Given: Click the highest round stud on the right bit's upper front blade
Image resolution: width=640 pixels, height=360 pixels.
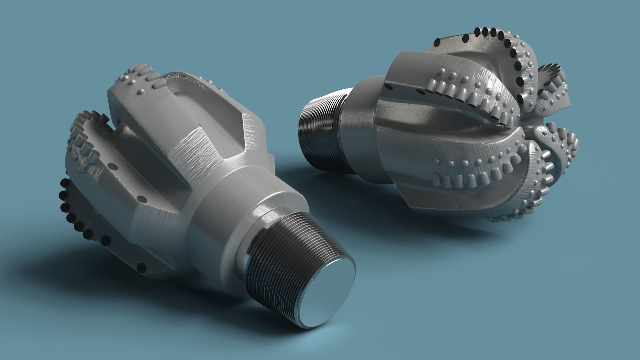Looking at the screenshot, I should click(443, 71).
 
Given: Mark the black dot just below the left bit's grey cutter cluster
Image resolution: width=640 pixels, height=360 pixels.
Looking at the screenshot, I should click(114, 165).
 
